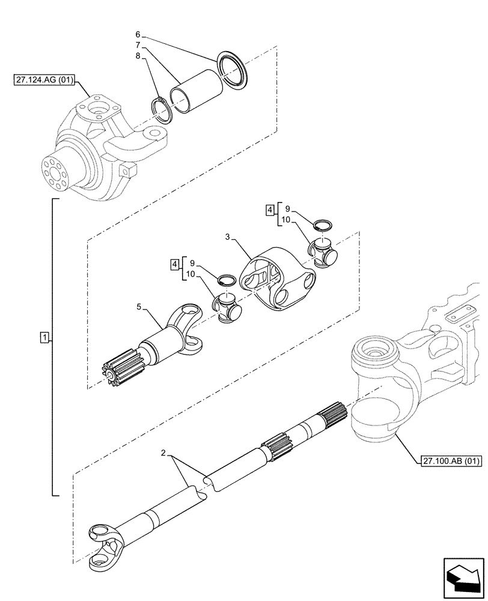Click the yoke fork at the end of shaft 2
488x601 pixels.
click(x=107, y=544)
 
